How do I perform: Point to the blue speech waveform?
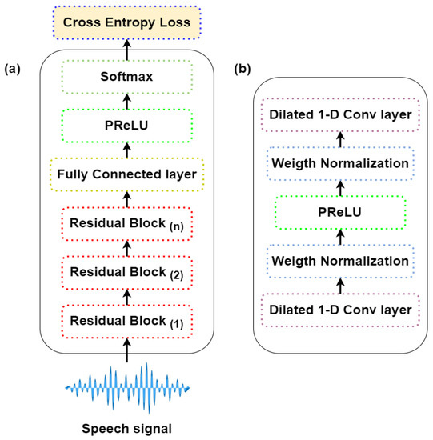(128, 386)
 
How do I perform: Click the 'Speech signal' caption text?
(129, 426)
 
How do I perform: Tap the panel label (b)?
(243, 70)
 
